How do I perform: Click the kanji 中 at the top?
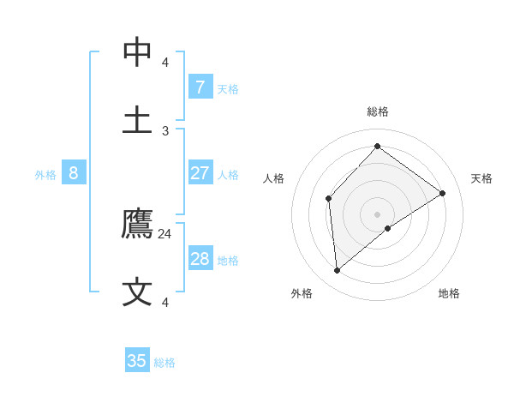(x=138, y=52)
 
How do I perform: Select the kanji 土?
(x=138, y=119)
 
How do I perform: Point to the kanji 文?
(x=138, y=292)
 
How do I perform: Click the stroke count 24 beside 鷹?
(x=165, y=233)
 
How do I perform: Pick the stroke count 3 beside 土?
(x=165, y=130)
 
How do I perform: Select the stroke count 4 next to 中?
(x=165, y=63)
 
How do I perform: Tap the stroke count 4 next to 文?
(x=165, y=302)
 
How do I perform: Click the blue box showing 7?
(x=200, y=87)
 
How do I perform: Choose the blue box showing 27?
(x=200, y=173)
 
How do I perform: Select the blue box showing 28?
(x=200, y=259)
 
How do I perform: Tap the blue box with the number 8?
(x=74, y=173)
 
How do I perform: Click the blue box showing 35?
(x=137, y=361)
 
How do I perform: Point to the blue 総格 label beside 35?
(x=164, y=363)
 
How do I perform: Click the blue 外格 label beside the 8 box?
(x=45, y=175)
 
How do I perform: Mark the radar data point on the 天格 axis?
(x=443, y=193)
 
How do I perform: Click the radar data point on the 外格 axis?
(x=338, y=271)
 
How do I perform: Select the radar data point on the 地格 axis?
(x=388, y=228)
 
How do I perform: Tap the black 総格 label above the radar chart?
(x=378, y=111)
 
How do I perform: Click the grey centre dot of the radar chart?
(x=378, y=214)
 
